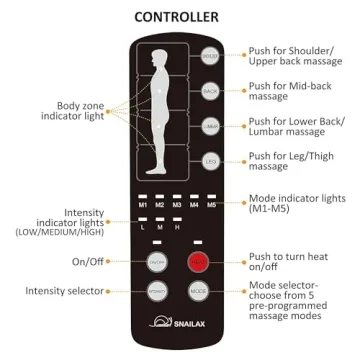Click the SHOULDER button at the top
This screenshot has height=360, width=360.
pyautogui.click(x=211, y=57)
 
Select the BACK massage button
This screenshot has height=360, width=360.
pyautogui.click(x=211, y=91)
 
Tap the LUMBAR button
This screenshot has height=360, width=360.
pyautogui.click(x=211, y=126)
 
